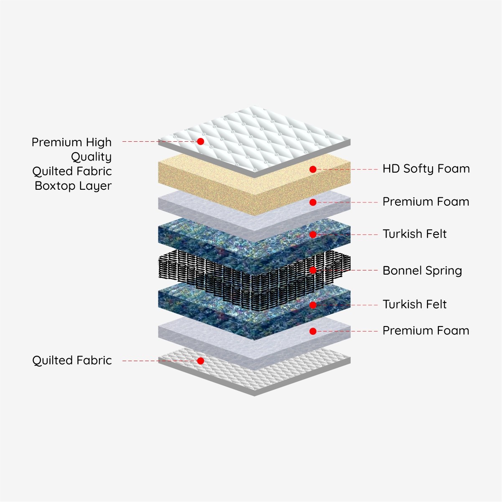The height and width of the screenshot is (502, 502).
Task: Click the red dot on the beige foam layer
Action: [x=313, y=169]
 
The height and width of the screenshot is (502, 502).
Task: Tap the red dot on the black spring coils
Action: [x=313, y=270]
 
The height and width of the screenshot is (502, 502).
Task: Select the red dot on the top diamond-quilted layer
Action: [x=200, y=141]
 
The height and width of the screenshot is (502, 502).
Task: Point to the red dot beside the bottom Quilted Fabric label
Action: [x=200, y=361]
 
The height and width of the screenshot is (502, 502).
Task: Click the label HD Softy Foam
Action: [x=426, y=169]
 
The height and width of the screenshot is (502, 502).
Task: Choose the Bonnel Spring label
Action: [x=422, y=271]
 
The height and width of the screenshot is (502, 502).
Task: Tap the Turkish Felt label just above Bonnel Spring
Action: [x=415, y=234]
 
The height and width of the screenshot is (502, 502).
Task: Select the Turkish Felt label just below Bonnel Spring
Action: [x=415, y=304]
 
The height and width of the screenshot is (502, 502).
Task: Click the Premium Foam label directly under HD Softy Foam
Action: [x=426, y=201]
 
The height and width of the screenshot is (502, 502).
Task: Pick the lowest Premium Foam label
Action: [x=426, y=331]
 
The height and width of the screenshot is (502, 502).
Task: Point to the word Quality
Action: [x=91, y=157]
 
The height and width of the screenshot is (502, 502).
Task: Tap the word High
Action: [x=99, y=143]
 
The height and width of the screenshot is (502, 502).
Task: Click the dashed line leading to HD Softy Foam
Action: [x=347, y=169]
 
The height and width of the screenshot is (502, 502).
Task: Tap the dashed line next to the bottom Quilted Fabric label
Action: [x=159, y=361]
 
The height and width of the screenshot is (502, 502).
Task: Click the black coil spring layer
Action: [x=254, y=280]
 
